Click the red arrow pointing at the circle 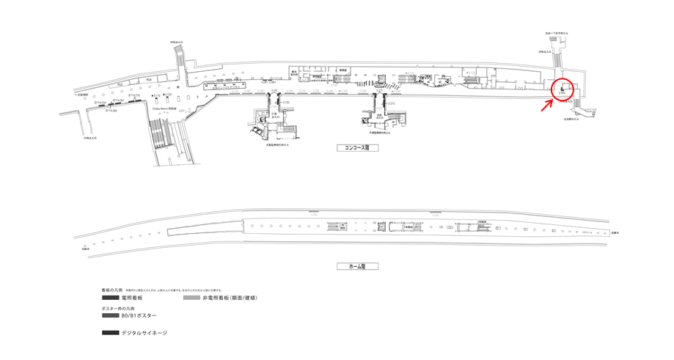coord(547,105)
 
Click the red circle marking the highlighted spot coord(563,88)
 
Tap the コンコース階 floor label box coord(357,148)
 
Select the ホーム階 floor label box coord(357,266)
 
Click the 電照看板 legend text coord(133,298)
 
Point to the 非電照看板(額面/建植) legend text coord(230,298)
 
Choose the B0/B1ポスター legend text coord(139,316)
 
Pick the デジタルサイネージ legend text coord(144,334)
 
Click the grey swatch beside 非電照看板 coord(191,298)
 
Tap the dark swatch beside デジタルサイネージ coord(111,334)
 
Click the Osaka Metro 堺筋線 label coord(164,109)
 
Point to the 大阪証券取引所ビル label coord(277,144)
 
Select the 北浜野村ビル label coord(571,119)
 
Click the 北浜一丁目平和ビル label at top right coord(557,33)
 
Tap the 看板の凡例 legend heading coord(112,290)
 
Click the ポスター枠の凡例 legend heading coord(117,309)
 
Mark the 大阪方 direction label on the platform coord(85,248)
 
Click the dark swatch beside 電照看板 coord(111,298)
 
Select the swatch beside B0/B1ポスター coord(111,316)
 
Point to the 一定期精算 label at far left coord(81,95)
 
